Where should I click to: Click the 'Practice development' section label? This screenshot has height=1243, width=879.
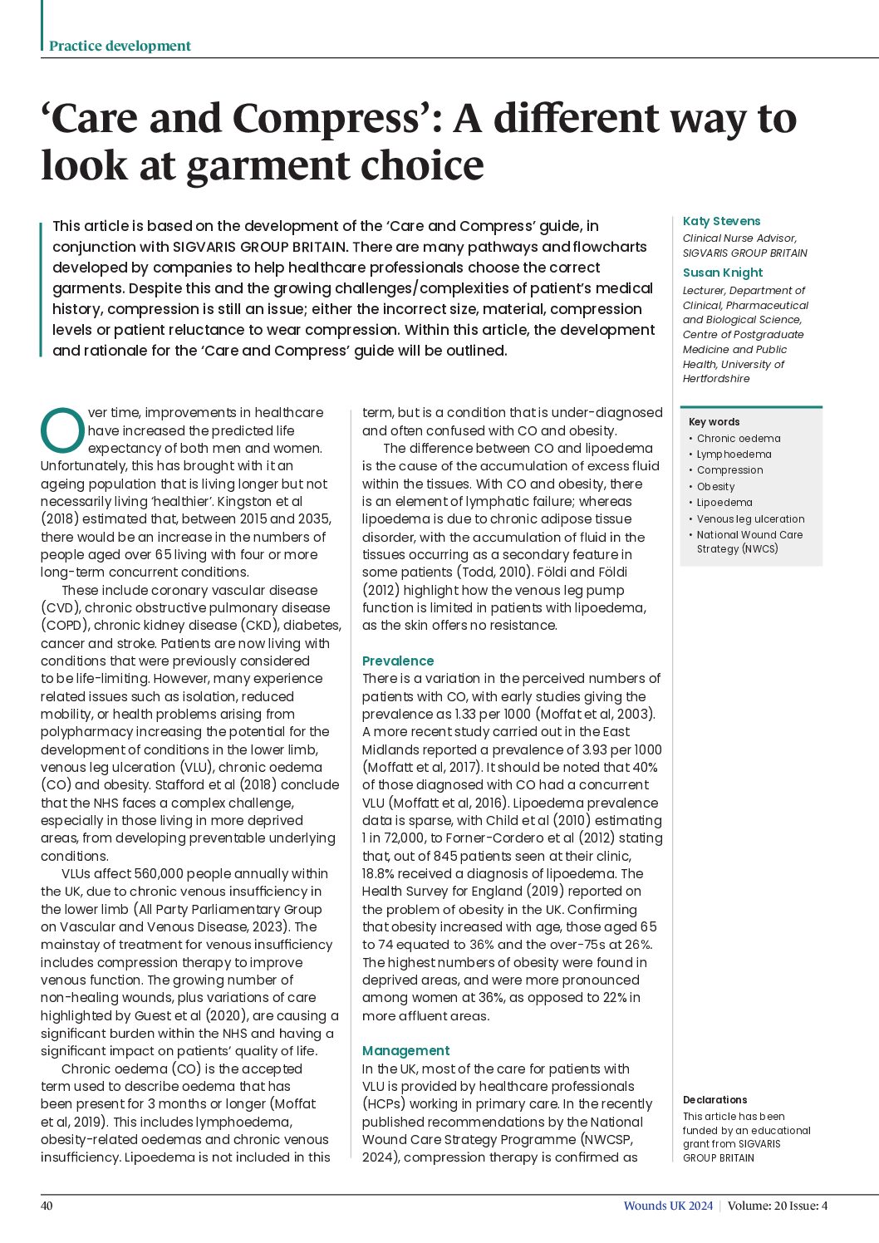(x=120, y=46)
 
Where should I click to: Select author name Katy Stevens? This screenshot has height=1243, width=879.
(x=721, y=221)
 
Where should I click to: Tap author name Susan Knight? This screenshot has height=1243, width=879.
(x=722, y=273)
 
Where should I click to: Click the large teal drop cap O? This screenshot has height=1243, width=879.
(x=61, y=429)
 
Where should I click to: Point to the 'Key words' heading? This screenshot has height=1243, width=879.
(x=714, y=422)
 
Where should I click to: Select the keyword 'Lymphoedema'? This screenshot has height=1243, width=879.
(x=734, y=454)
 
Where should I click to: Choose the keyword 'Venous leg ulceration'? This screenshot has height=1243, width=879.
(x=750, y=519)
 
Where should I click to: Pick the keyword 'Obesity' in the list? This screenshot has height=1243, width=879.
(x=715, y=487)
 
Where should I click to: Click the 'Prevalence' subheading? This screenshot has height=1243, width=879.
(x=398, y=661)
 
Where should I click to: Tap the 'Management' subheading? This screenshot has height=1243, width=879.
(x=405, y=1051)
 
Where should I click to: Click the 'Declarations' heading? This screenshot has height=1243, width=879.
(x=714, y=1100)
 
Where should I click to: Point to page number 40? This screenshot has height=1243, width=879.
(x=47, y=1206)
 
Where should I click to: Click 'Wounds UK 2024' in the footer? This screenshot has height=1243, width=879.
(x=668, y=1206)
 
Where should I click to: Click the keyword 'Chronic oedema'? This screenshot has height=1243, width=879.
(x=739, y=439)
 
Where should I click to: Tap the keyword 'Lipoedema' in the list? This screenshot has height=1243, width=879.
(x=724, y=503)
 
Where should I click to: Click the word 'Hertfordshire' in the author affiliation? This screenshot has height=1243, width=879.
(x=716, y=379)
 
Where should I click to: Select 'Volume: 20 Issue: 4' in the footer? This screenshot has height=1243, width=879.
(x=777, y=1206)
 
